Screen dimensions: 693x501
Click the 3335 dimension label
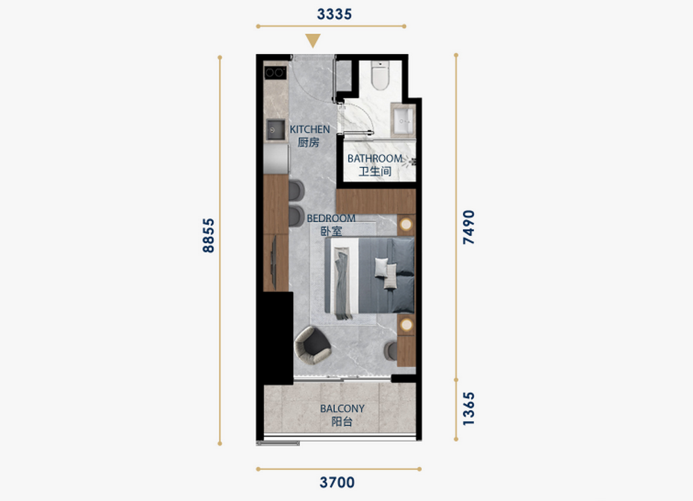coord(334,14)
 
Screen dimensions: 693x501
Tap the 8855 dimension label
coord(208,235)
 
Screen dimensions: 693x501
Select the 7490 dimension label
coord(468,227)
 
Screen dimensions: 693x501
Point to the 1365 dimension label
coord(468,409)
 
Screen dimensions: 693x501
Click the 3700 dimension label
coord(337,482)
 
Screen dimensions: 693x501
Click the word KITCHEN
coord(310,129)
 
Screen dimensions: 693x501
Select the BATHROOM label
coord(375,158)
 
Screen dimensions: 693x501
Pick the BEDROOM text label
coord(331,218)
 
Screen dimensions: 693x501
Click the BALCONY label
coord(342,409)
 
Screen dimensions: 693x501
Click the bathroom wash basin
coord(403,120)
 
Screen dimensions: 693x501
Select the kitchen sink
coord(275,130)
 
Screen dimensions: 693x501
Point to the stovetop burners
coord(275,73)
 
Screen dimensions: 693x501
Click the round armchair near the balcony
coord(313,345)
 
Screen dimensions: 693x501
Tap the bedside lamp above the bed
coord(405,225)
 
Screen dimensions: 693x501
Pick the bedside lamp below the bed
coord(405,325)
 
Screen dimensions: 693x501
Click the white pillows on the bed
coord(386,272)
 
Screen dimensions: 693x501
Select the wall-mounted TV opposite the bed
coord(274,263)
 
